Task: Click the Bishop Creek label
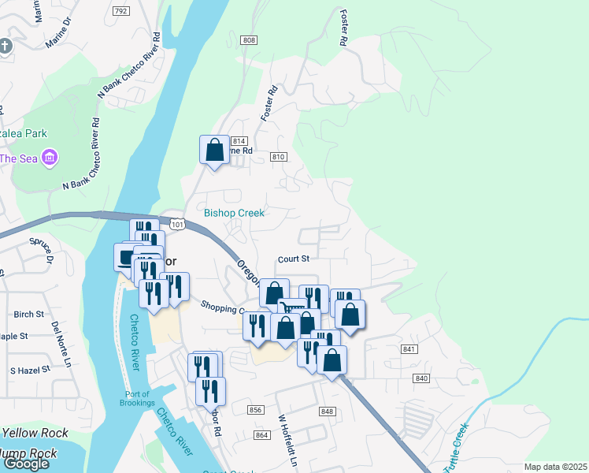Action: tap(234, 213)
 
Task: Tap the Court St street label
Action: tap(294, 259)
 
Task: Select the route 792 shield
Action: tap(120, 11)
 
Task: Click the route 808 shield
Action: tap(249, 40)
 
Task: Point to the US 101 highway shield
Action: tap(177, 225)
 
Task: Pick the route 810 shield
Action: tap(277, 157)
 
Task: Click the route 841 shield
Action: tap(408, 349)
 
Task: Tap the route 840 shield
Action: tap(421, 379)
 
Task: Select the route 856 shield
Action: tap(254, 410)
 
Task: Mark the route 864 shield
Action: tap(262, 434)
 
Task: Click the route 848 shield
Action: tap(328, 412)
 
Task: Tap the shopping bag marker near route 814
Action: tap(214, 149)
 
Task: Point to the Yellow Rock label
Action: tap(35, 433)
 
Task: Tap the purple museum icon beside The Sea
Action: tap(50, 158)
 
